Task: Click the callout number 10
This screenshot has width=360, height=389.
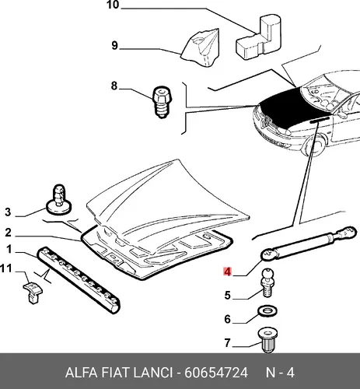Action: click(113, 5)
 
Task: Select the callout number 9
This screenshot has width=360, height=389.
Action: click(114, 45)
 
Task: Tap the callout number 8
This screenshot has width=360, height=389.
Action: click(114, 86)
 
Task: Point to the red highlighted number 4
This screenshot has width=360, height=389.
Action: click(227, 272)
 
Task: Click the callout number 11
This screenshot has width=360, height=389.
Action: click(6, 268)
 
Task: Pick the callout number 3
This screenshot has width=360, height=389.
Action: click(8, 212)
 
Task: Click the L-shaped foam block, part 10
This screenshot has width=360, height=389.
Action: click(259, 37)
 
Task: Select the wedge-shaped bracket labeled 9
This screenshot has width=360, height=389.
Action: click(201, 48)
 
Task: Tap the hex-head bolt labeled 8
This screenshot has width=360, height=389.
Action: click(163, 102)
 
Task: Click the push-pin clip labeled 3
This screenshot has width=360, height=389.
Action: click(59, 200)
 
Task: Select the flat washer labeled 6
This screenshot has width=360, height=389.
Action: click(267, 310)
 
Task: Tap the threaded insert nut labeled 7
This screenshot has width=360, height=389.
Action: click(268, 339)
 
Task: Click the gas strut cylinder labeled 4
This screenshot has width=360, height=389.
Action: click(309, 244)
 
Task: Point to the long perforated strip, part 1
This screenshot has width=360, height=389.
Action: click(79, 279)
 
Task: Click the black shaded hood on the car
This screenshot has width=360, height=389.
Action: click(290, 107)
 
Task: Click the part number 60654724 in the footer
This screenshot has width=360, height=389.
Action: click(216, 373)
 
